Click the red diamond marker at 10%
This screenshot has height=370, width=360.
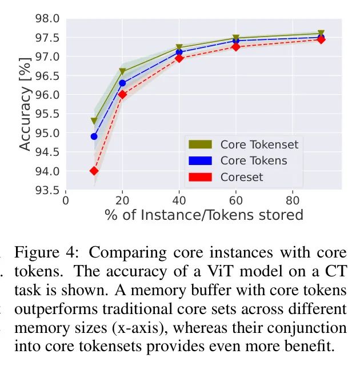[x=94, y=171]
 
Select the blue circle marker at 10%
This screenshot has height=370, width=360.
[x=94, y=136]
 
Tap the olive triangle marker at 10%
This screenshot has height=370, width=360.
[x=94, y=121]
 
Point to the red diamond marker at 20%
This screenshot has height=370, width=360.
[x=122, y=95]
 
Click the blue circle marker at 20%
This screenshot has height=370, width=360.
[x=122, y=83]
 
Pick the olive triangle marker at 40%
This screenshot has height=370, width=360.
[x=179, y=48]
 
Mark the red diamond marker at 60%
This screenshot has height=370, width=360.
[x=235, y=47]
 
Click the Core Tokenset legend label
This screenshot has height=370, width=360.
[x=259, y=144]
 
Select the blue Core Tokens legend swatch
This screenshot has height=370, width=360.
[x=200, y=160]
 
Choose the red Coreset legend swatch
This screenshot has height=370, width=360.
[x=200, y=177]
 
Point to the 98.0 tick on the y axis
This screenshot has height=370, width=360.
[x=47, y=19]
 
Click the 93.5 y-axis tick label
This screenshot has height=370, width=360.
[x=47, y=190]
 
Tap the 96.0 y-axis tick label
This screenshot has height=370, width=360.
[x=47, y=95]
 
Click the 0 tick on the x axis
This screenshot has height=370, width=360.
[x=66, y=200]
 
